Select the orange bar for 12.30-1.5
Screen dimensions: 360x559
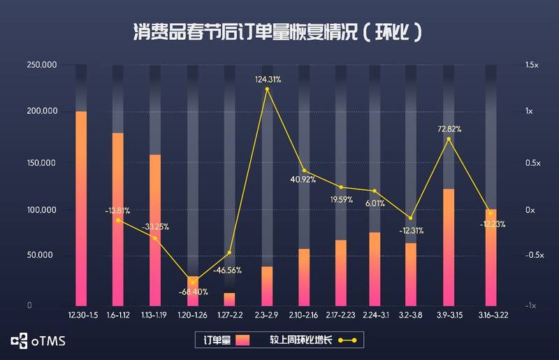[81, 210]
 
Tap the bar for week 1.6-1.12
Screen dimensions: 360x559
[117, 220]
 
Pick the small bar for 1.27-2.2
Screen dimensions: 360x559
[229, 299]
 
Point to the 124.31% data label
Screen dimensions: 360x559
[268, 80]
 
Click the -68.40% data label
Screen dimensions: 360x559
[192, 291]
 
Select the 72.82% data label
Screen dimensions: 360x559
[449, 129]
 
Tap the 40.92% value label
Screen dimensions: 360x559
[303, 180]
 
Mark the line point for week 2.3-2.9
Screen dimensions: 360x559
[266, 89]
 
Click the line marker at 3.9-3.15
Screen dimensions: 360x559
[449, 139]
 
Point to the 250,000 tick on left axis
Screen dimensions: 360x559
[41, 65]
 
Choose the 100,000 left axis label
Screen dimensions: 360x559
[41, 210]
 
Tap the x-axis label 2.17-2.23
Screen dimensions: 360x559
[340, 315]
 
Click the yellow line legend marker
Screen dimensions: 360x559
[347, 341]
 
